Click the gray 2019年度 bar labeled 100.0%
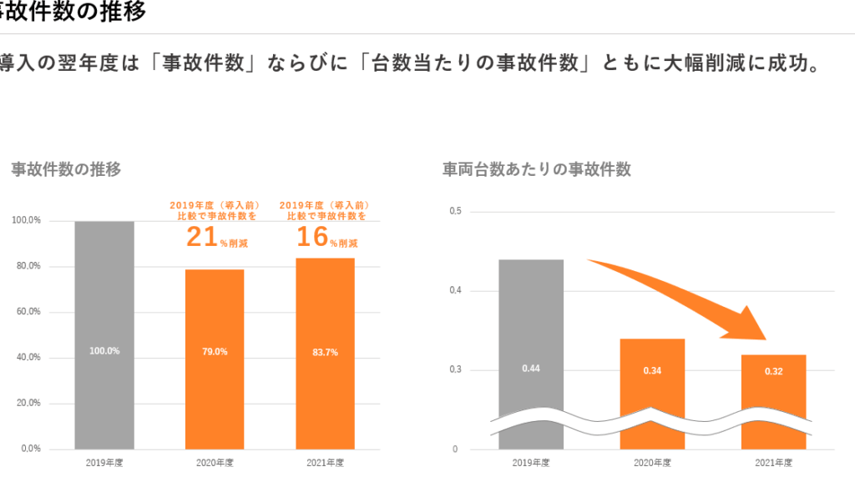(104, 334)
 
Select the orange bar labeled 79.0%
(215, 359)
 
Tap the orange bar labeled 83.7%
(325, 354)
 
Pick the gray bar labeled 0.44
(531, 334)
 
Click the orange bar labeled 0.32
(774, 379)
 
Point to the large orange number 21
(201, 238)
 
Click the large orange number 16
(312, 238)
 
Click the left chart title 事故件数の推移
(66, 169)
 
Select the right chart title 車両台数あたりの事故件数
(536, 169)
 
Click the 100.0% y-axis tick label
(26, 221)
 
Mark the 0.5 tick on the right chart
(455, 212)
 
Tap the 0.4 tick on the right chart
(455, 291)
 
